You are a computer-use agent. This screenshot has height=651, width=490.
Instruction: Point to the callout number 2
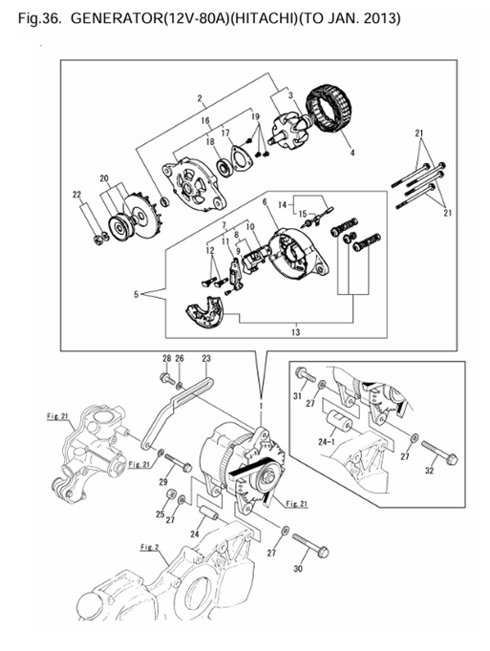click(x=200, y=98)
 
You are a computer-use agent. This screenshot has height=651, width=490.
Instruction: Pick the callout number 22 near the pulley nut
click(x=78, y=195)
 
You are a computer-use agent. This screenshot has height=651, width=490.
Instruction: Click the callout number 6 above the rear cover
click(x=264, y=202)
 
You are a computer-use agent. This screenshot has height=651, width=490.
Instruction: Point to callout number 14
click(x=282, y=204)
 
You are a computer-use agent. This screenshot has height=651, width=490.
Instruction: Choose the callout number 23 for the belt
click(x=205, y=359)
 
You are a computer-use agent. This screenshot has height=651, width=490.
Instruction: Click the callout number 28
click(x=165, y=359)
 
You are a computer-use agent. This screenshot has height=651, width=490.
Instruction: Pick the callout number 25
click(x=159, y=514)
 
